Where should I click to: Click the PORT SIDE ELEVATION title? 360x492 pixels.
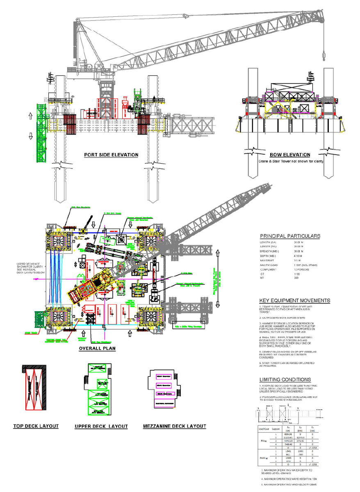(111, 155)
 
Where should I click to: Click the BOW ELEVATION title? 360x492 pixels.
(289, 155)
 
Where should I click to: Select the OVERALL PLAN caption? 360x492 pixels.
(97, 348)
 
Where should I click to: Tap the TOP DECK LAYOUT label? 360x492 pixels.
(36, 426)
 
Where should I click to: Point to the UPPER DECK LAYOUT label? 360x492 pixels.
(101, 426)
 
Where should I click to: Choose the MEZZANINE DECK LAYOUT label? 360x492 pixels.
(174, 426)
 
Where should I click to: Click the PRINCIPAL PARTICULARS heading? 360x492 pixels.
(290, 236)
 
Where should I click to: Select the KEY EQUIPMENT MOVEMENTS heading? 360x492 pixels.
(294, 301)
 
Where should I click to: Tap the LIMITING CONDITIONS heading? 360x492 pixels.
(285, 379)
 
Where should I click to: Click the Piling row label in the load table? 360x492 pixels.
(264, 442)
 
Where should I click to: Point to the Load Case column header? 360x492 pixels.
(264, 429)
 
